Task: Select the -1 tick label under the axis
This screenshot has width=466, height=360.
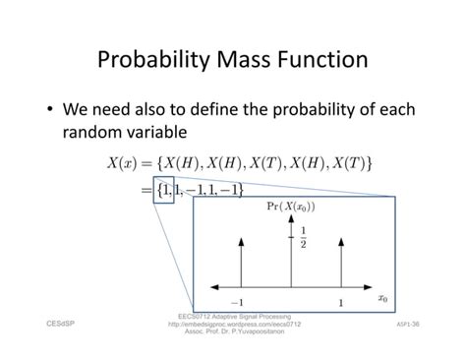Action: pyautogui.click(x=237, y=303)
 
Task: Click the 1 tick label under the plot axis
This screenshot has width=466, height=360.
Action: pyautogui.click(x=340, y=303)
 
